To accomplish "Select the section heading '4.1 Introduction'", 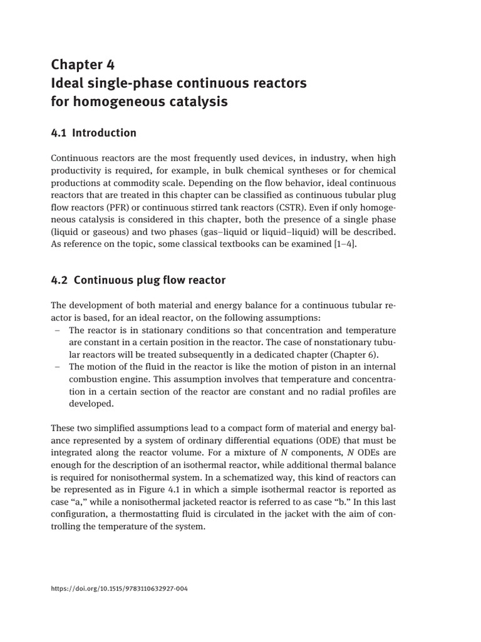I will click(93, 133).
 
